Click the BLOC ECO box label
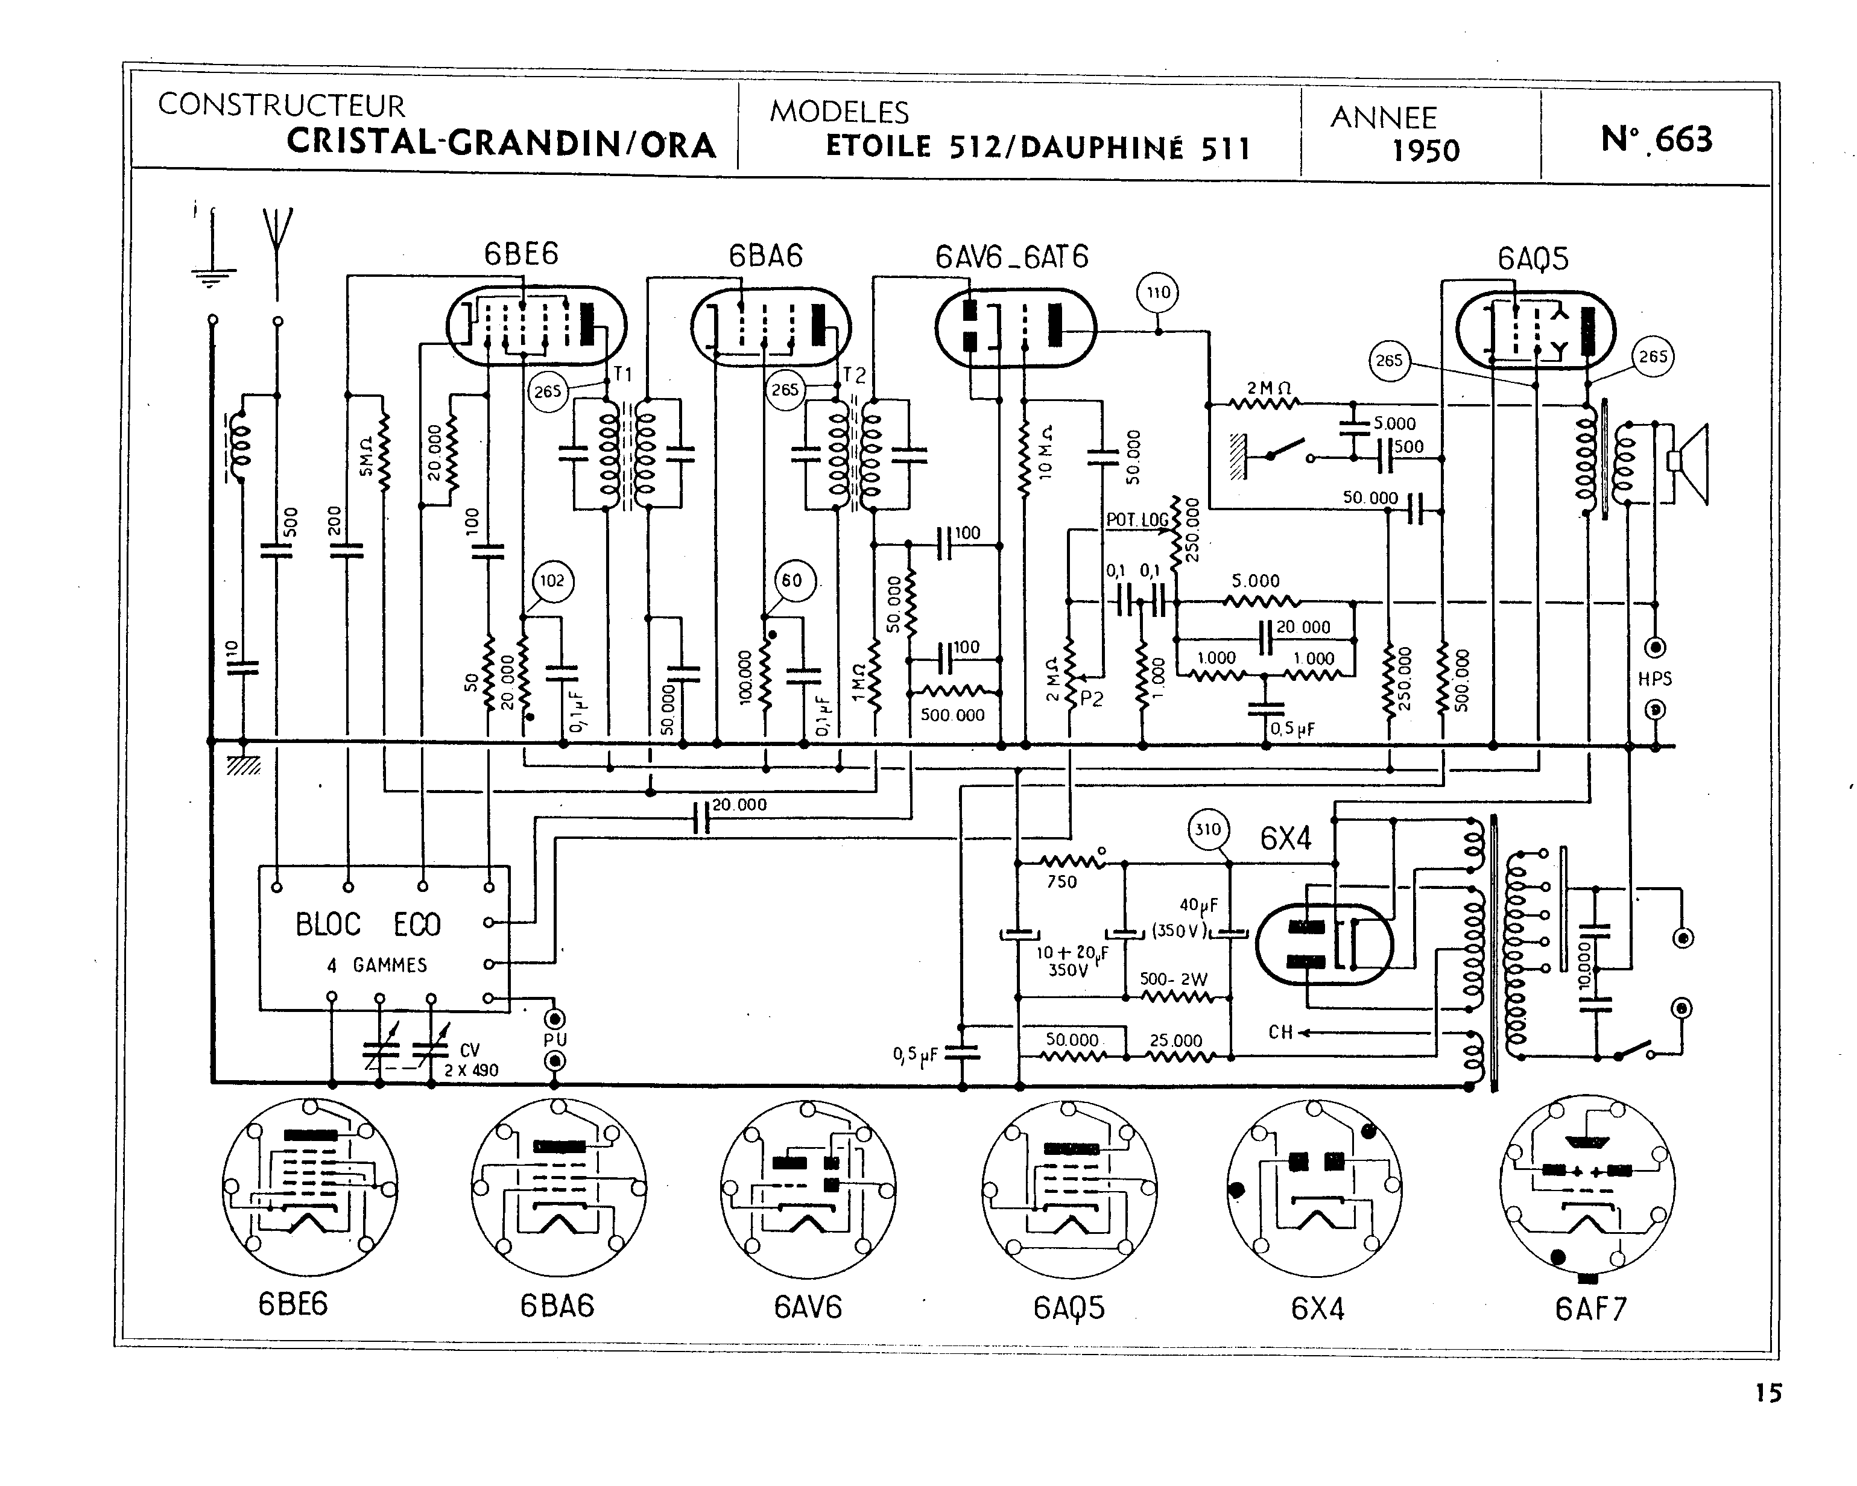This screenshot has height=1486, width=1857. coord(368,925)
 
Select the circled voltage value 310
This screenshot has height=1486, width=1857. coord(1207,830)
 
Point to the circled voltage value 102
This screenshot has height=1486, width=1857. coord(552,581)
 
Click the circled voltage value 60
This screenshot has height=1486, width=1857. coord(791,581)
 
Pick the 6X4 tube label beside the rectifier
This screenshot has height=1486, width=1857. coord(1285,838)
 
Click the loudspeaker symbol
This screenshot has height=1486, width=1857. coord(1688,463)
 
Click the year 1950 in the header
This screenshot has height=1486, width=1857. coord(1426,151)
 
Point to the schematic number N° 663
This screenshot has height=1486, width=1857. coord(1656,139)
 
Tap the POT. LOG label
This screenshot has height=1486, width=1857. coord(1137,519)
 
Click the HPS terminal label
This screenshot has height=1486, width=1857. coord(1654,679)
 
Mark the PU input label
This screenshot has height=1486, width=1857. coord(555,1040)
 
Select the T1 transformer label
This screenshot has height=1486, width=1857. coord(622,374)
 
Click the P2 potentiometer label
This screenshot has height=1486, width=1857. coord(1090,700)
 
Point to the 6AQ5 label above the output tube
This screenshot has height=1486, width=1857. coord(1533,259)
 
